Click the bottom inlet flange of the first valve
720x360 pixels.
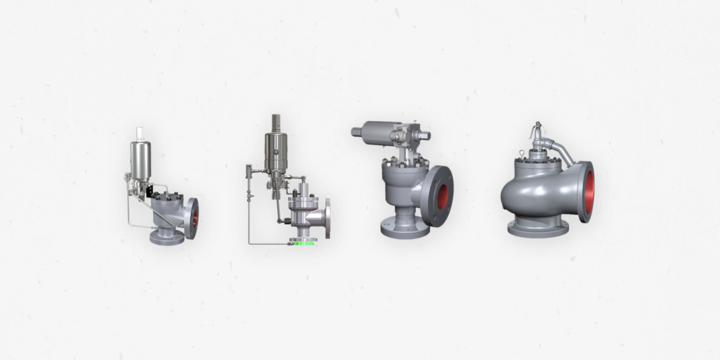167,237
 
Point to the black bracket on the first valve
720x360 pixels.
149,189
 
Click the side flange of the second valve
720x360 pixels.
326,217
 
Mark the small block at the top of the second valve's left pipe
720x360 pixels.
248,170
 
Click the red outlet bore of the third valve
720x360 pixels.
442,196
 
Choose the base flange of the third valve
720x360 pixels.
405,230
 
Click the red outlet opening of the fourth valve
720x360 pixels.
589,192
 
